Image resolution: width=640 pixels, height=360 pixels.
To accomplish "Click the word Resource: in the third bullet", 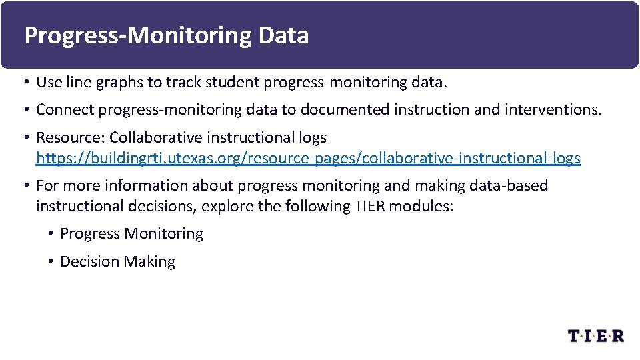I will pos(71,137).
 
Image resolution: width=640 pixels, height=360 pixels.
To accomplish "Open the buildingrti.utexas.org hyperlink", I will pos(308,159).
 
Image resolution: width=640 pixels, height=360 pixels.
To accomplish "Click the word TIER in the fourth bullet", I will pos(369,206).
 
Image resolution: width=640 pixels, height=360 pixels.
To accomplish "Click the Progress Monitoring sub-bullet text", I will pos(131,233).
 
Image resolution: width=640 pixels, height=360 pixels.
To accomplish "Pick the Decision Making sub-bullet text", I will pos(117,261).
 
